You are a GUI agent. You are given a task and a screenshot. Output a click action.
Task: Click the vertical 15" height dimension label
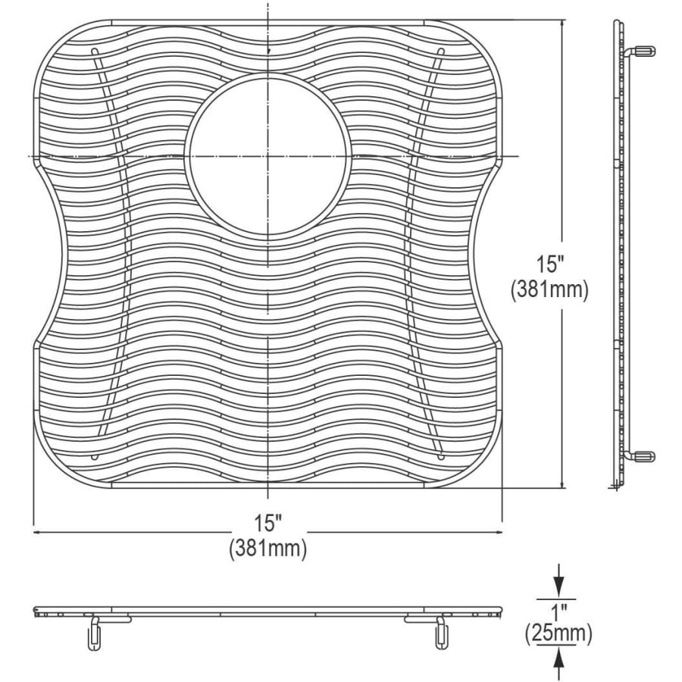(549, 264)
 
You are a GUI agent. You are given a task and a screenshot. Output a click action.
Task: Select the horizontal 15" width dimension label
(268, 522)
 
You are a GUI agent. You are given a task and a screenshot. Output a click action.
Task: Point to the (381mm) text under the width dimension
(268, 548)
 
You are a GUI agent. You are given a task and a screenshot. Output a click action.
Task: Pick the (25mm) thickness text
(558, 634)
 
